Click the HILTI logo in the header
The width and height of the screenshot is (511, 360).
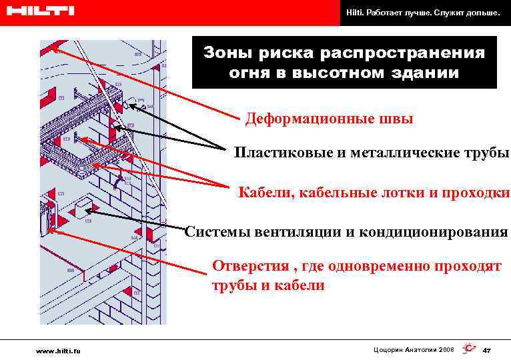pos(39,11)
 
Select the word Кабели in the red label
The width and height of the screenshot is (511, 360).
pos(262,193)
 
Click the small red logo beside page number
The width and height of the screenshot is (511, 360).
pos(469,349)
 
